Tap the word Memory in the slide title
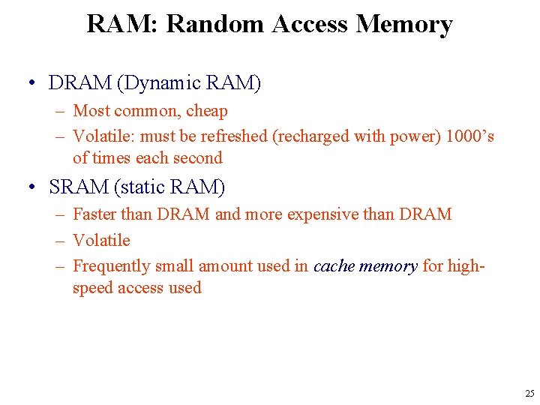point(404,24)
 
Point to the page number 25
point(530,394)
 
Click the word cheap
point(207,111)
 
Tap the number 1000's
point(469,137)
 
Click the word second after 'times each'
point(197,158)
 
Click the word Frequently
point(112,266)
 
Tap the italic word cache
point(334,266)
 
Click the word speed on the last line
point(94,288)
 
